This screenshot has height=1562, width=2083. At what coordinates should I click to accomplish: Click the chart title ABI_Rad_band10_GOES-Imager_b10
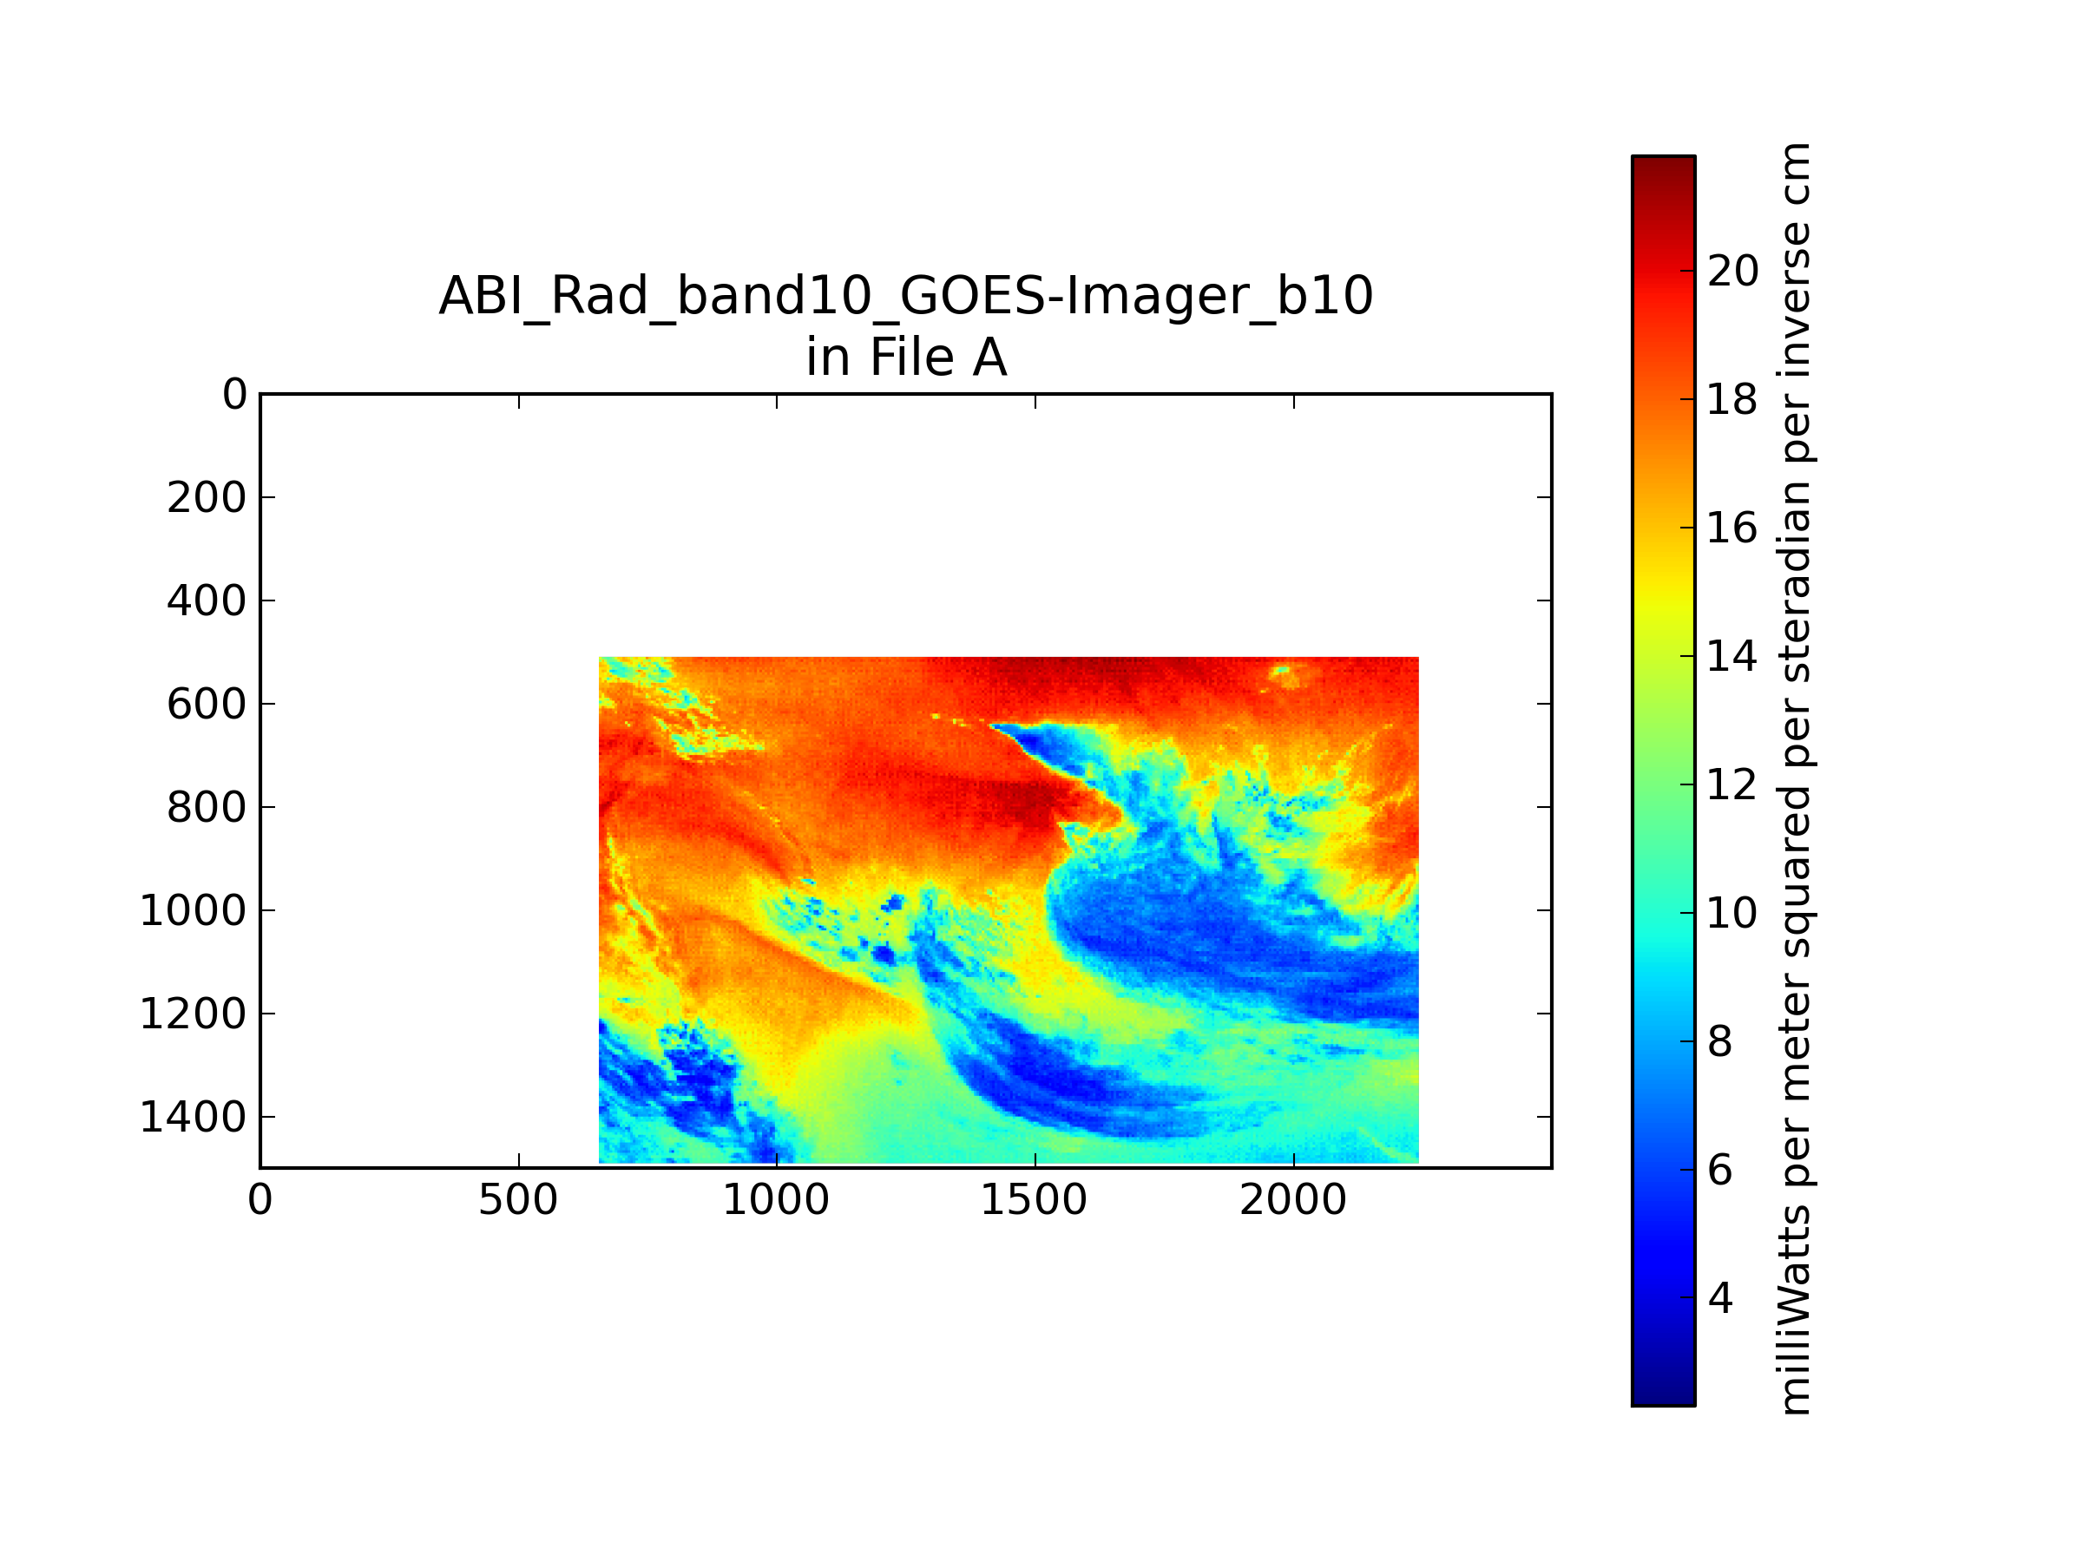906,297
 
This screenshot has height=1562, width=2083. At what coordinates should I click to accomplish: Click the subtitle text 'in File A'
906,358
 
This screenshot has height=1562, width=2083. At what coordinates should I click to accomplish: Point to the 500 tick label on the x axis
518,1200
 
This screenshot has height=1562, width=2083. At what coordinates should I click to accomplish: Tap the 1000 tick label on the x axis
776,1200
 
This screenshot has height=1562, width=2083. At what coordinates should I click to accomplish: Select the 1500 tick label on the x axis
1034,1200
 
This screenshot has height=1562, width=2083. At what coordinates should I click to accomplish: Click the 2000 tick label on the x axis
1293,1200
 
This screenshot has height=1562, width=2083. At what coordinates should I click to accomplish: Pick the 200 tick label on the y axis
207,498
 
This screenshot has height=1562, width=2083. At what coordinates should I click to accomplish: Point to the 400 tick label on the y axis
207,601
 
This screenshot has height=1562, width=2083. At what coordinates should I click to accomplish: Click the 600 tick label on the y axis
207,705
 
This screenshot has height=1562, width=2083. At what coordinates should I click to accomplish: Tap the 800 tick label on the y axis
207,808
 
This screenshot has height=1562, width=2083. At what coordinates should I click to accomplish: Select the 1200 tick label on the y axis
193,1014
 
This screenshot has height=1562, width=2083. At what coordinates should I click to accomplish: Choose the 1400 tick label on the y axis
193,1118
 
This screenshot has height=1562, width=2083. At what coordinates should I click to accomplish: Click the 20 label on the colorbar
1732,271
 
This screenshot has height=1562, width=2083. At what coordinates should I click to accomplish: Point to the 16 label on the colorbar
1732,528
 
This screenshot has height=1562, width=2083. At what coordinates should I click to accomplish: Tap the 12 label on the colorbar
1732,785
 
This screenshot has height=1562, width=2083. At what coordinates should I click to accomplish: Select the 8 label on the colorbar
1720,1042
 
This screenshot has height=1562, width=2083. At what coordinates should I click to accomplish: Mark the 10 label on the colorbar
1732,913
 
